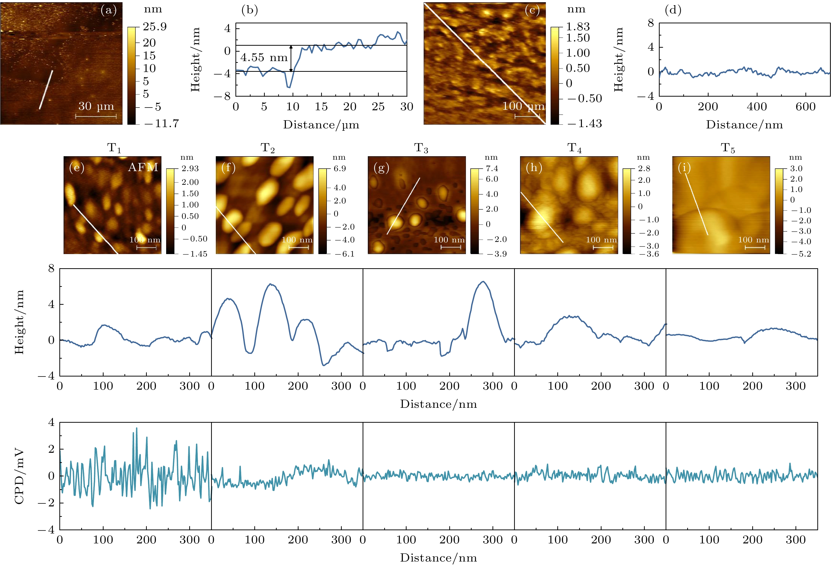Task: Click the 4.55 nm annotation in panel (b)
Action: pos(264,58)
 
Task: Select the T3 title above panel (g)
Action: pos(421,148)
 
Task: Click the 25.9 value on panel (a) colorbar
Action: pos(155,27)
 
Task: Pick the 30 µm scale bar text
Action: pos(96,106)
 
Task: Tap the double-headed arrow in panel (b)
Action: pos(291,58)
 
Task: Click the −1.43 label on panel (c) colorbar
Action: pos(584,124)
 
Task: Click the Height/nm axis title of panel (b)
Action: pos(195,60)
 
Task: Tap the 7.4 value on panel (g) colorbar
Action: pos(492,168)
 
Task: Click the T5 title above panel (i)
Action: pos(728,148)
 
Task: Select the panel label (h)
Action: pos(534,167)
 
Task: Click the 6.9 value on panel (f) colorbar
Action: pos(340,168)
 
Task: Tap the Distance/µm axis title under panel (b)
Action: pos(321,125)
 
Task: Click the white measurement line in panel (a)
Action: pos(46,89)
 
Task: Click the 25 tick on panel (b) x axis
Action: pos(378,107)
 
